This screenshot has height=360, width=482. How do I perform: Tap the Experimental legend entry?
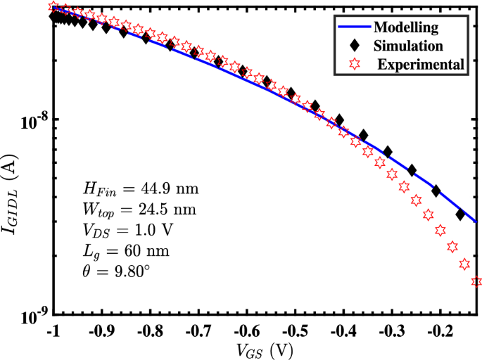click(419, 65)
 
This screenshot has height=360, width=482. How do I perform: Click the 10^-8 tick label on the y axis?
click(32, 121)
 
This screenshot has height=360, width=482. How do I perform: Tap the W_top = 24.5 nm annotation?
click(139, 210)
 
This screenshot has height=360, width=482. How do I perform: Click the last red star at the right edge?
click(476, 282)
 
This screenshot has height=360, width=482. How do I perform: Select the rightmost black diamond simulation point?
click(460, 214)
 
